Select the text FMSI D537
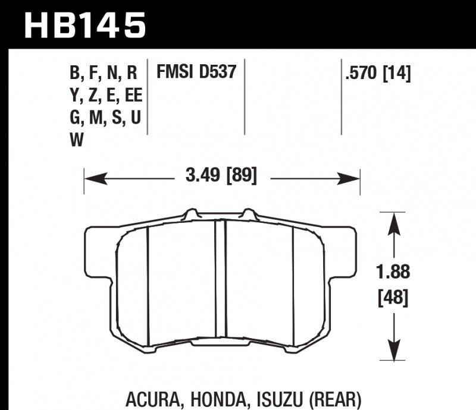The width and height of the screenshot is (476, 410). point(196,72)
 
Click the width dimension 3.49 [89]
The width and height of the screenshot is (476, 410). point(221,176)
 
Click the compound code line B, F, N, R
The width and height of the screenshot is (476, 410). point(104,74)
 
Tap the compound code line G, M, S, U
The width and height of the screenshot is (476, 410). point(105,118)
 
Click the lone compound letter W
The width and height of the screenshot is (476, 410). point(76,140)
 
